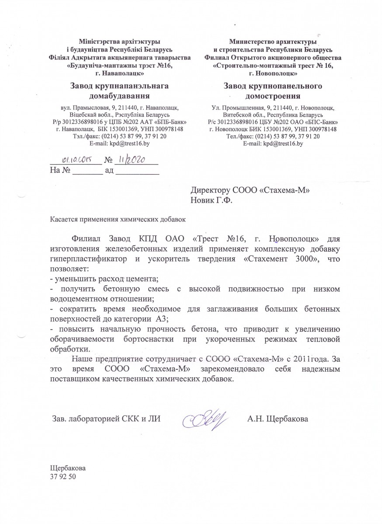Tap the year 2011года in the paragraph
(309, 359)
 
